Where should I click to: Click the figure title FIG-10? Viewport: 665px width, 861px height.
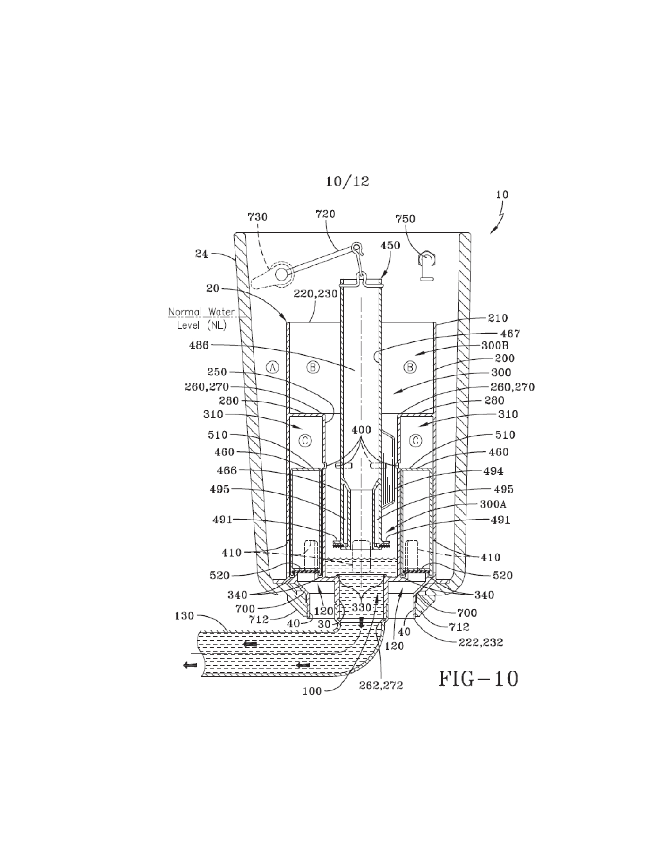point(478,679)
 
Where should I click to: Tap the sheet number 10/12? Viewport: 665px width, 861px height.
point(347,181)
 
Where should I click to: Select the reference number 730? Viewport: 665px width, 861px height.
point(257,217)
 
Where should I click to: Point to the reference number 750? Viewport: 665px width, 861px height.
point(405,219)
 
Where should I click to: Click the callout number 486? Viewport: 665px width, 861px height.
point(199,345)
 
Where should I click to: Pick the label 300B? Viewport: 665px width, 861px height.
point(495,346)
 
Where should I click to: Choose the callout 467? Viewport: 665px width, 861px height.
point(510,333)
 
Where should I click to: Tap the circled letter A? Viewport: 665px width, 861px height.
point(273,367)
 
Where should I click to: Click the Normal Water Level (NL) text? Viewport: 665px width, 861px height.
point(202,319)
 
